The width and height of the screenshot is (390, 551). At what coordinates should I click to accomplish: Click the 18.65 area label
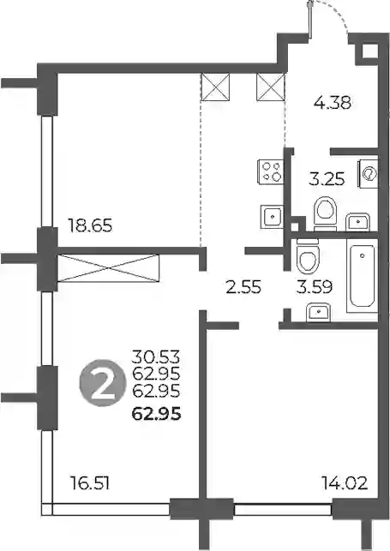[90, 225]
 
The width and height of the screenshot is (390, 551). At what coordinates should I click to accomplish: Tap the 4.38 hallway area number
[333, 103]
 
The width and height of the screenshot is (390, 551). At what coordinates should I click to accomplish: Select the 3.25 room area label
[327, 179]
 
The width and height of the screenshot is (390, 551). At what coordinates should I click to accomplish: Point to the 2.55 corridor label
[243, 287]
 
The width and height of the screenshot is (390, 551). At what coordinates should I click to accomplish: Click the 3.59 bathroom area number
[314, 287]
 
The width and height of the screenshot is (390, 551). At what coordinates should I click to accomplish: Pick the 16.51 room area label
[90, 482]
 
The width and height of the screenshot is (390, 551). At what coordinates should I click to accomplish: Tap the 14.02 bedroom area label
[345, 482]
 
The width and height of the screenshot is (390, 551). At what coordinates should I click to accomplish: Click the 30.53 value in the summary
[156, 356]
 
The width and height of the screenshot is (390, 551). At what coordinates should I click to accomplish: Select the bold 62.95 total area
[156, 414]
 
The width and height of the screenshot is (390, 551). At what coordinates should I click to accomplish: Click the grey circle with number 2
[103, 383]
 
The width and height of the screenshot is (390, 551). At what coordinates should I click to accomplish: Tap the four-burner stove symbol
[271, 172]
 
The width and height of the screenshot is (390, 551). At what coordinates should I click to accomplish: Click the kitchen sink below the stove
[272, 217]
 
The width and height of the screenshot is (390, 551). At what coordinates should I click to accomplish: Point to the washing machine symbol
[368, 174]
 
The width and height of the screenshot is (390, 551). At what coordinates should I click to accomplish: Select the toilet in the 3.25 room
[326, 213]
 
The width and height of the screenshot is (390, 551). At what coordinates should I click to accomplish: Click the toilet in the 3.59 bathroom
[308, 255]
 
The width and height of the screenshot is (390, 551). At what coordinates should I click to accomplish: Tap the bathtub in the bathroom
[363, 276]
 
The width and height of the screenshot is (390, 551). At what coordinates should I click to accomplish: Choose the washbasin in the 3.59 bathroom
[318, 313]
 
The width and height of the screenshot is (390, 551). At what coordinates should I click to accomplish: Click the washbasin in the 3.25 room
[357, 222]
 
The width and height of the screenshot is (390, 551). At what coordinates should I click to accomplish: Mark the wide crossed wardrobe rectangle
[108, 268]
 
